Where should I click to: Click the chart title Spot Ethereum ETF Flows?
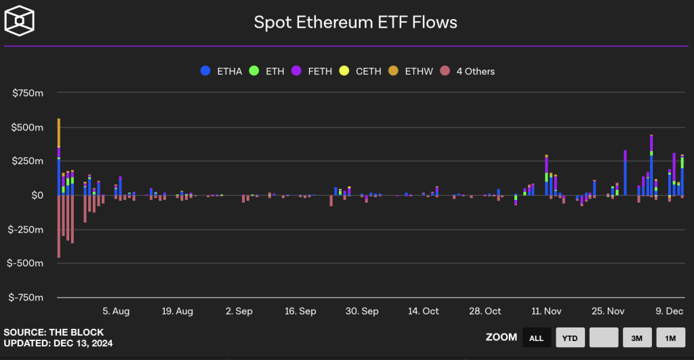click(355, 22)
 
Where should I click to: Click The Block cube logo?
click(19, 20)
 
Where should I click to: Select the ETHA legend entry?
click(223, 71)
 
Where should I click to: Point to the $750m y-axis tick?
click(28, 94)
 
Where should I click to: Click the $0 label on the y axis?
click(37, 195)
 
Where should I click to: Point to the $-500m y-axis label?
click(26, 263)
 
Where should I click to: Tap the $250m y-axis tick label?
click(28, 161)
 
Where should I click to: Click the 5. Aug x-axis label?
click(116, 311)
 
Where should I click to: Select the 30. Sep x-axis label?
click(362, 311)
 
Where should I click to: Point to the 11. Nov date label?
click(546, 311)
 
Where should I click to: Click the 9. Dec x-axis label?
click(669, 311)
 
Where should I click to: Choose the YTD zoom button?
click(570, 337)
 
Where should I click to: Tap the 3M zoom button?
click(637, 337)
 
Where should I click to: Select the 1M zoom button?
click(670, 337)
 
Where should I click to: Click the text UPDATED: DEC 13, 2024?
click(58, 344)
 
